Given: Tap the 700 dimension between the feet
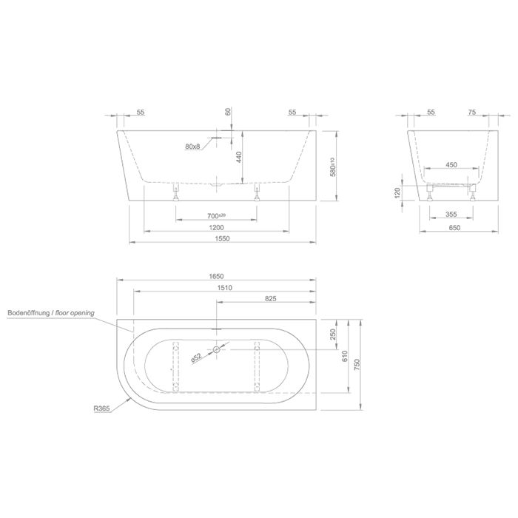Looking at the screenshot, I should click(x=216, y=215).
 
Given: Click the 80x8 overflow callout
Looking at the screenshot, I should click(x=193, y=147).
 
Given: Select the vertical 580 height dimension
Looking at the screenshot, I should click(x=334, y=166).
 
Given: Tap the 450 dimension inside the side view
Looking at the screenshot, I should click(x=451, y=166).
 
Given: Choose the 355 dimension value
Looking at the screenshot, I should click(x=451, y=215).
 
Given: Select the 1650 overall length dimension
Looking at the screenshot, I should click(x=216, y=276).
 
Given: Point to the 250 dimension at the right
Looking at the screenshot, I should click(x=334, y=334).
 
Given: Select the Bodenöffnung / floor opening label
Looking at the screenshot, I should click(x=50, y=314).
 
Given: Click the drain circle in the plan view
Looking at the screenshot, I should click(x=216, y=349).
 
